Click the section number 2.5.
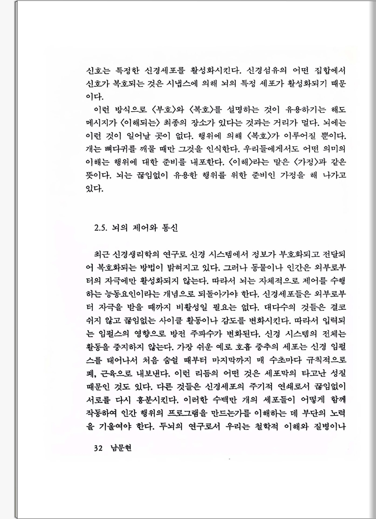[101, 228]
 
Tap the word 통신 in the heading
[170, 228]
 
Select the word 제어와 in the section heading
[145, 228]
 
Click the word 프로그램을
[188, 413]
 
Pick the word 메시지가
[101, 123]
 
